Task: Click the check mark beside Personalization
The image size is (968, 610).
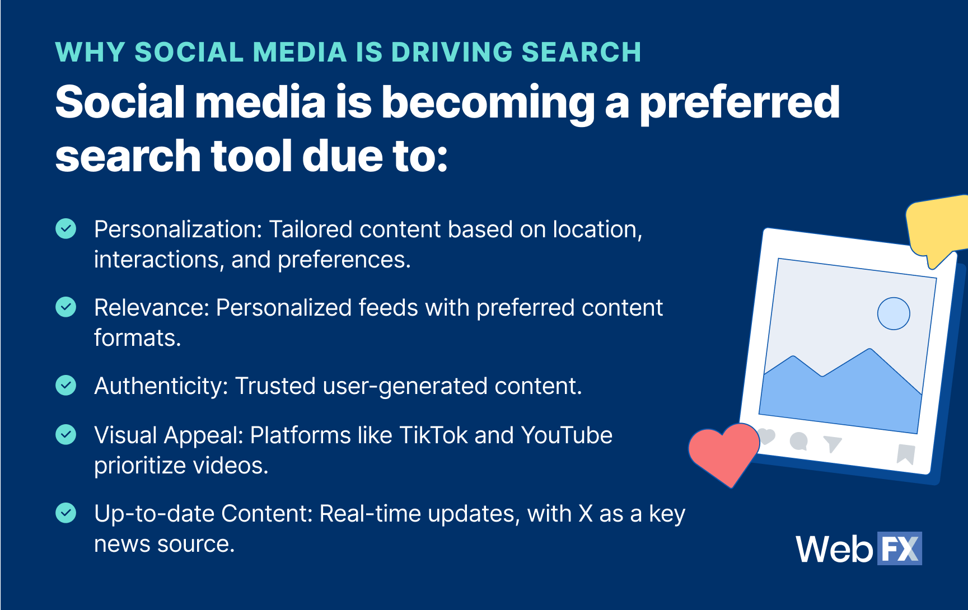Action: (66, 228)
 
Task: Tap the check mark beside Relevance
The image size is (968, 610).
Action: (66, 307)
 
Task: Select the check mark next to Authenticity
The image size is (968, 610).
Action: (66, 385)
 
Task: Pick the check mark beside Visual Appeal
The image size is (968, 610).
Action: (66, 434)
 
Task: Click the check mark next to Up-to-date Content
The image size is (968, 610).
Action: (66, 513)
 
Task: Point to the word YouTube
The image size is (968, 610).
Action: (567, 435)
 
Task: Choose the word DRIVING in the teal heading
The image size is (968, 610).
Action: (452, 52)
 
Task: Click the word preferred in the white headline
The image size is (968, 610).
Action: (740, 104)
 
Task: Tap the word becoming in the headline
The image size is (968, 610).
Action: (488, 104)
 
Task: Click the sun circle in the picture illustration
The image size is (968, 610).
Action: (894, 313)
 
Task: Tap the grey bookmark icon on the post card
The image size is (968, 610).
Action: (905, 454)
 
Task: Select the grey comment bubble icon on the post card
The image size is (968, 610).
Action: (799, 442)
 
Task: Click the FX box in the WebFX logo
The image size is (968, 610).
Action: (900, 548)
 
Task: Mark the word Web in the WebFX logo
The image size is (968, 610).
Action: (835, 549)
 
